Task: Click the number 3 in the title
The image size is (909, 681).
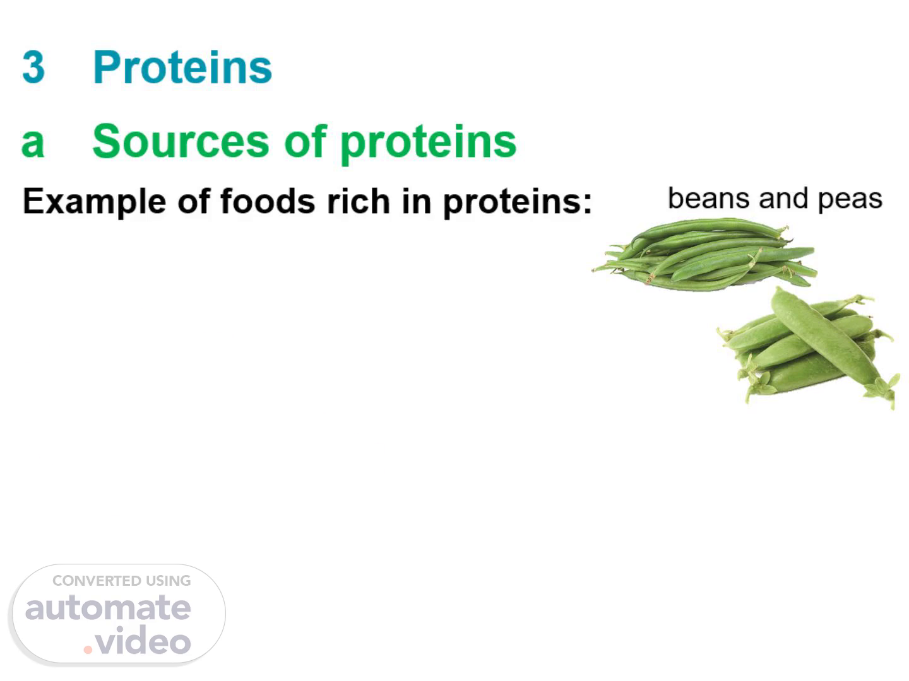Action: [x=33, y=67]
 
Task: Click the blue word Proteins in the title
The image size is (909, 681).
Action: [x=182, y=67]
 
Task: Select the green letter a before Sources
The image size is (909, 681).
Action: [x=33, y=143]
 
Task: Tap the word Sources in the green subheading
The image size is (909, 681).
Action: [x=181, y=141]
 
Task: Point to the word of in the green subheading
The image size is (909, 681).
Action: [x=306, y=141]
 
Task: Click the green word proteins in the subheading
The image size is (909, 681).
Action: [x=429, y=144]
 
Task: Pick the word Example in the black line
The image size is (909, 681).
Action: [x=95, y=202]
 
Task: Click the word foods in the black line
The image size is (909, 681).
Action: [x=268, y=201]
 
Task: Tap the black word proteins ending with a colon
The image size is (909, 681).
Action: [x=518, y=203]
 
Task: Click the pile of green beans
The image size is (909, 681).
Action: [x=704, y=255]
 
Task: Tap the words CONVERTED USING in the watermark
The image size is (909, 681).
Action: [x=122, y=581]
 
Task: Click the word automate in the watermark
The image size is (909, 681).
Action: [x=108, y=608]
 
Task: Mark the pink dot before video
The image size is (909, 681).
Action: [x=88, y=649]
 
